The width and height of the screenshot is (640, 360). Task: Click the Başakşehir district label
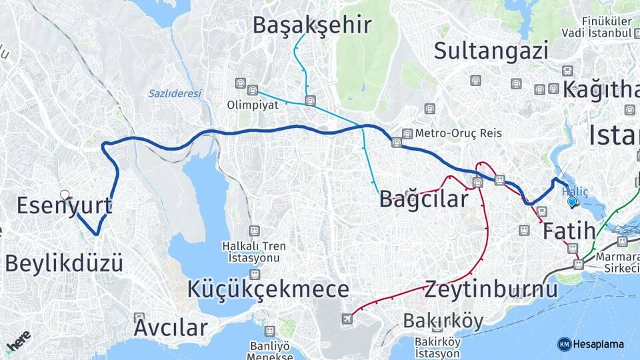311,25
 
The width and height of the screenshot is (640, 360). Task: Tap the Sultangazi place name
491,51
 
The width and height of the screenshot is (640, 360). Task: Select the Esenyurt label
63,206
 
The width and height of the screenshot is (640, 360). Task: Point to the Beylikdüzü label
64,263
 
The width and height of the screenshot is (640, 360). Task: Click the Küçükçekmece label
268,289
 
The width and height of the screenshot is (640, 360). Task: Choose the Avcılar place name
170,328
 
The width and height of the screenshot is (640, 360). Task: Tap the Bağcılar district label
423,199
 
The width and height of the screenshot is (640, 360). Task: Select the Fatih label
568,232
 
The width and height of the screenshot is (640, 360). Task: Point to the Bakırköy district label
443,321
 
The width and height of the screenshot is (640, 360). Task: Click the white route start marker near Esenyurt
65,195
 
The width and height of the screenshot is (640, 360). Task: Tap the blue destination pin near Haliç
571,201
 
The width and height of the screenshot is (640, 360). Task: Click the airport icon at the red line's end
347,319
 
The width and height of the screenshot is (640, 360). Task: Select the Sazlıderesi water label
174,93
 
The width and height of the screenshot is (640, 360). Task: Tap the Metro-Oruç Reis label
460,133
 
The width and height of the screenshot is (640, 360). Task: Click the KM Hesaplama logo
591,344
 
